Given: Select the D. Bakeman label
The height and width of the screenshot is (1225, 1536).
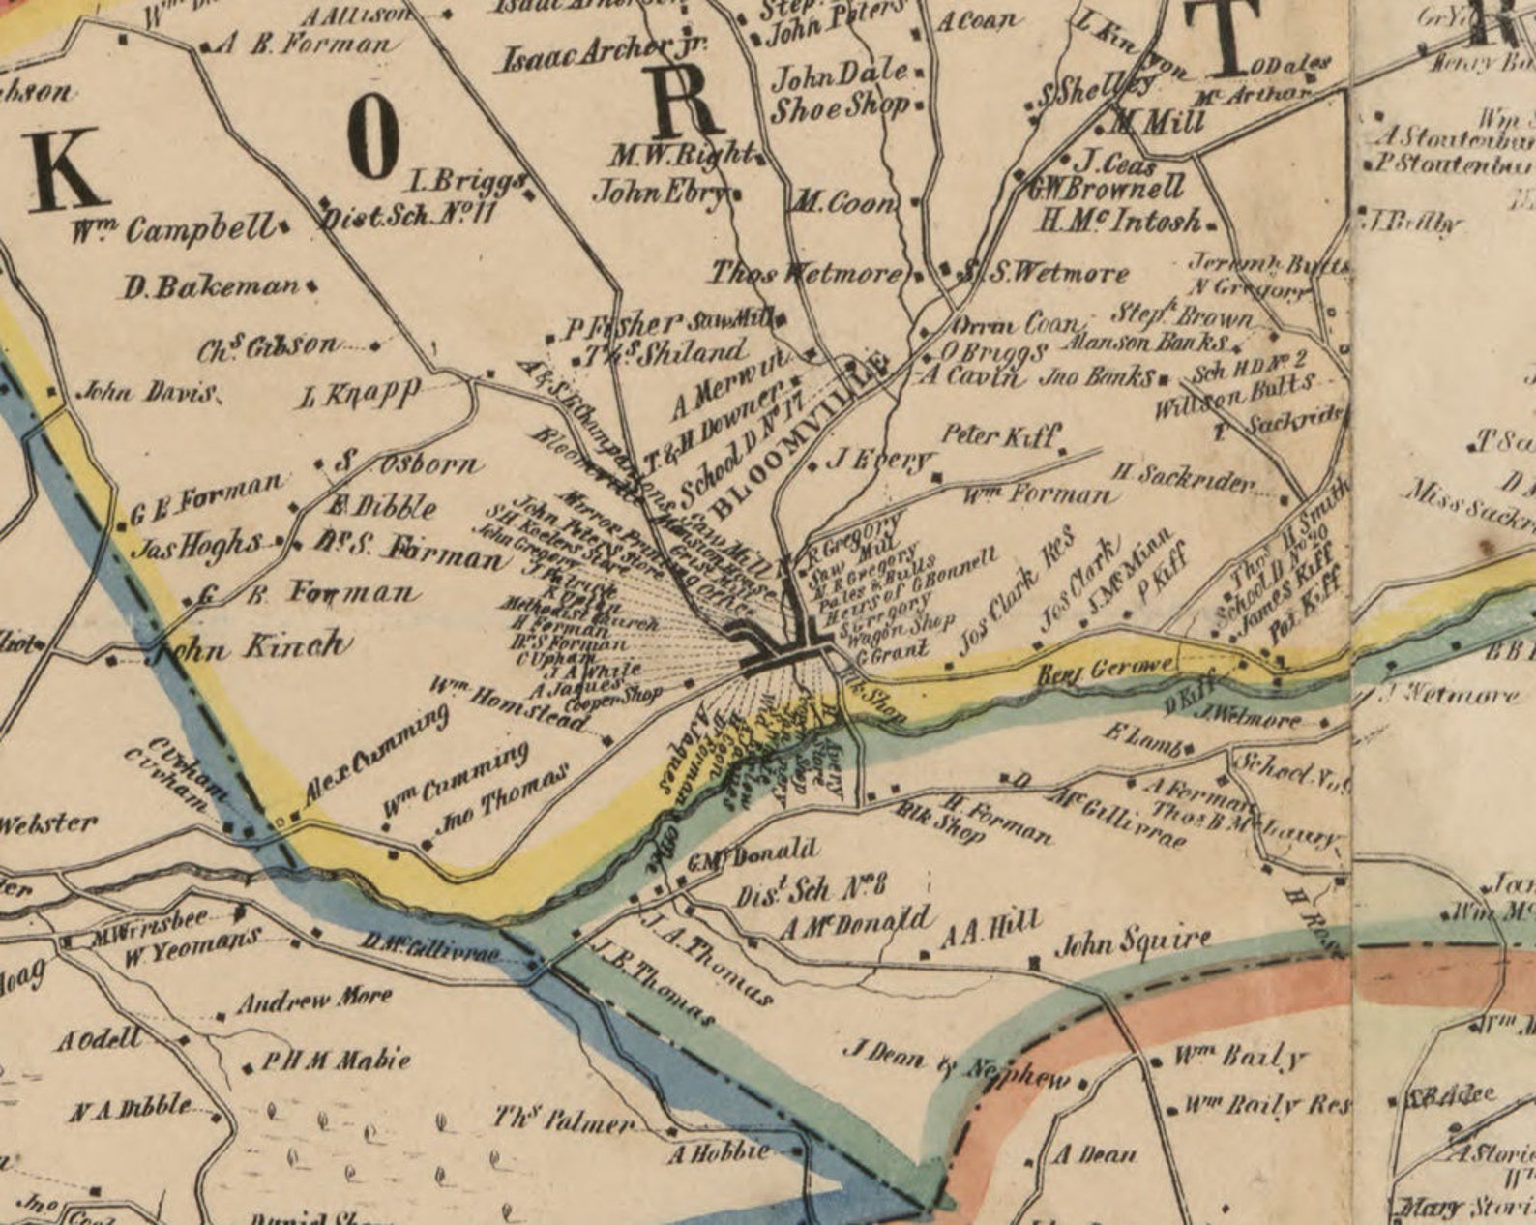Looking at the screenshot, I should coord(211,286).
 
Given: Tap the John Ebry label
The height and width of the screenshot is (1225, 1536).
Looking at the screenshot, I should coord(660,192).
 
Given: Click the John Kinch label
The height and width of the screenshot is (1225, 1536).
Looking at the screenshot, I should coord(253,645).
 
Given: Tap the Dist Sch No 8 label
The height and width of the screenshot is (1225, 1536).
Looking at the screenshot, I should coord(811,887).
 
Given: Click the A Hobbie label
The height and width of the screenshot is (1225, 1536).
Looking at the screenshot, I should coord(720,1152).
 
